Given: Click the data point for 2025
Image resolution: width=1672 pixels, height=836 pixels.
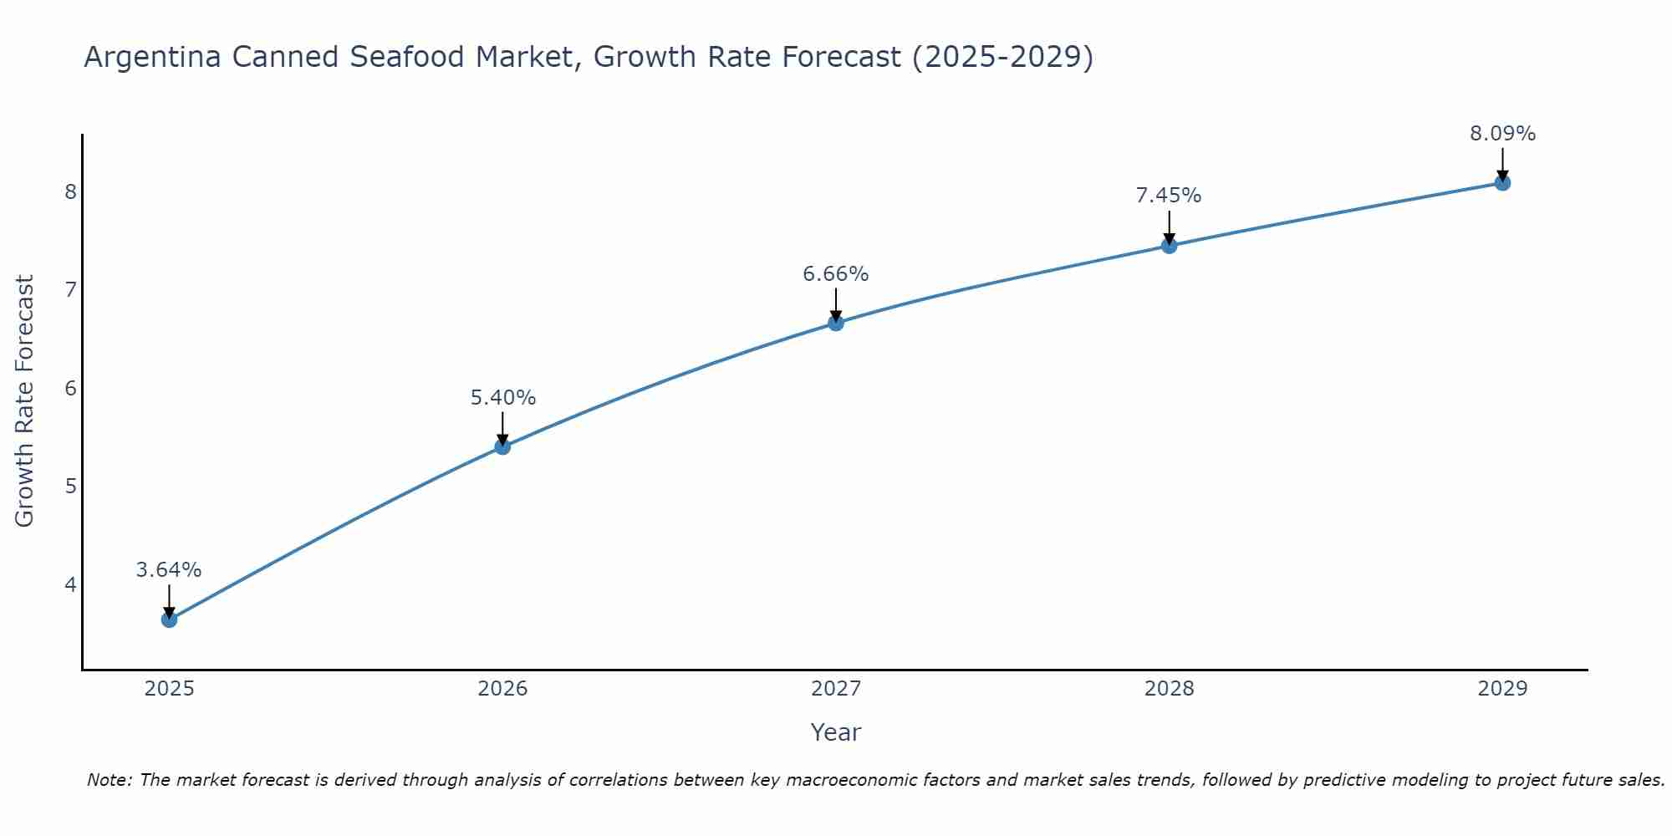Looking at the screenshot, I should (x=169, y=619).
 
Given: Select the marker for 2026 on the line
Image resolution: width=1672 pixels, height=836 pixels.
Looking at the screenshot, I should (x=502, y=446).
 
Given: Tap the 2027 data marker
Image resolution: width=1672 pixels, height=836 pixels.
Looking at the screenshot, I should (x=836, y=323).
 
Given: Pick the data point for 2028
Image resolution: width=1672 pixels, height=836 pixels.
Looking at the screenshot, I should (x=1169, y=245).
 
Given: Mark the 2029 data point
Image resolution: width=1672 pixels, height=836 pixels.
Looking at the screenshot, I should (x=1502, y=182).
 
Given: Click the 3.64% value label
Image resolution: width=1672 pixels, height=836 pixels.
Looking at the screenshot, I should (x=169, y=570).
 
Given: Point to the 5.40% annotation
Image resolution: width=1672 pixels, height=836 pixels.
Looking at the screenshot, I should (x=502, y=398).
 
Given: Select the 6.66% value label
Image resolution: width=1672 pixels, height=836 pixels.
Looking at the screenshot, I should (x=836, y=274).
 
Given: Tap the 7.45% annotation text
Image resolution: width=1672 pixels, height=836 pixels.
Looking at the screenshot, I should (x=1169, y=196).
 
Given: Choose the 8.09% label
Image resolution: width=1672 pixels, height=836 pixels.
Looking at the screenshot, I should (x=1502, y=134).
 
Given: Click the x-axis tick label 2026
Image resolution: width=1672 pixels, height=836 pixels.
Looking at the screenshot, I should (x=502, y=689).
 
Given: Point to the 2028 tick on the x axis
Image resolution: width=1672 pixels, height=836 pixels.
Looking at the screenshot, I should (x=1169, y=689).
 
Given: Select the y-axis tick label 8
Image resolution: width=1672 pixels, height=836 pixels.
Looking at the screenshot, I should (x=70, y=192).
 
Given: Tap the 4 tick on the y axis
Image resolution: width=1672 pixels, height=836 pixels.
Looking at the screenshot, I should (x=70, y=584).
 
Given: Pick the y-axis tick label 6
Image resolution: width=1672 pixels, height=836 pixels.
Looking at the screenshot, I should (x=70, y=388).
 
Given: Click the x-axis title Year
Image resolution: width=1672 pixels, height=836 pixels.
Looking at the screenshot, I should (x=836, y=732).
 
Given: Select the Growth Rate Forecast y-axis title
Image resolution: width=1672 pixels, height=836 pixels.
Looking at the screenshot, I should (x=25, y=401).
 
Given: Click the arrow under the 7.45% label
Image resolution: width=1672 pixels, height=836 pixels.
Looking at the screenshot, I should (x=1169, y=226).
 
